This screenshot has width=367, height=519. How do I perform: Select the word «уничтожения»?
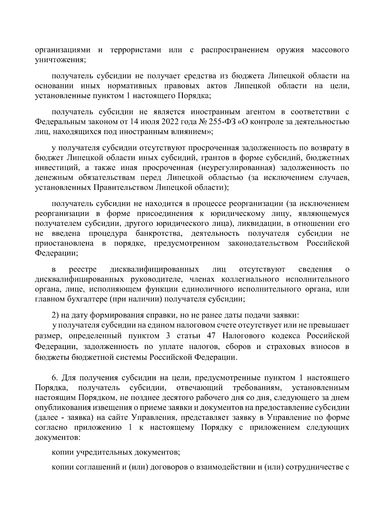(60, 60)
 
